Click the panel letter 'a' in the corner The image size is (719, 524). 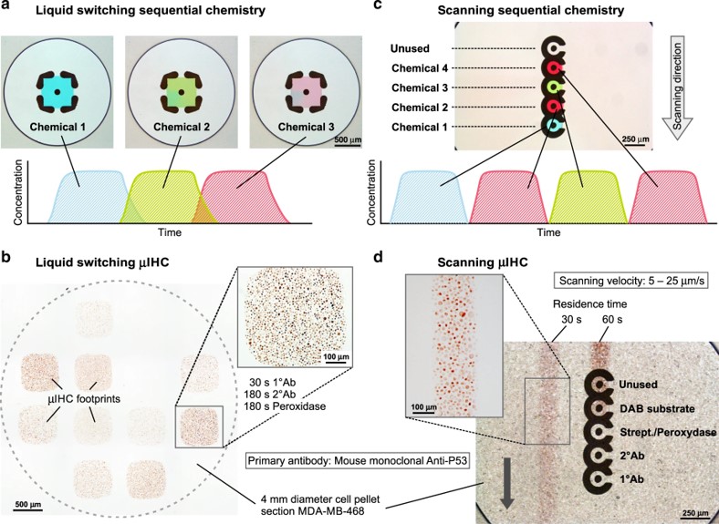point(8,8)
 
